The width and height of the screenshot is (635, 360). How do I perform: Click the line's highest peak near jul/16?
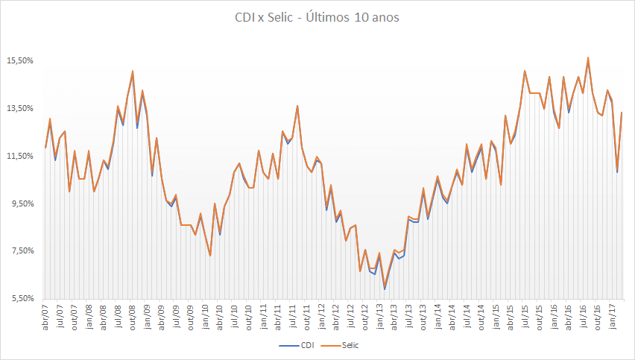pyautogui.click(x=588, y=57)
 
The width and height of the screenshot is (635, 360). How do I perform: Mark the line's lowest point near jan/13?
pyautogui.click(x=385, y=288)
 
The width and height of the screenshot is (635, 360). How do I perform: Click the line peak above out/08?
pyautogui.click(x=133, y=72)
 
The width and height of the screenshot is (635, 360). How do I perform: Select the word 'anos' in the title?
pyautogui.click(x=383, y=17)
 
